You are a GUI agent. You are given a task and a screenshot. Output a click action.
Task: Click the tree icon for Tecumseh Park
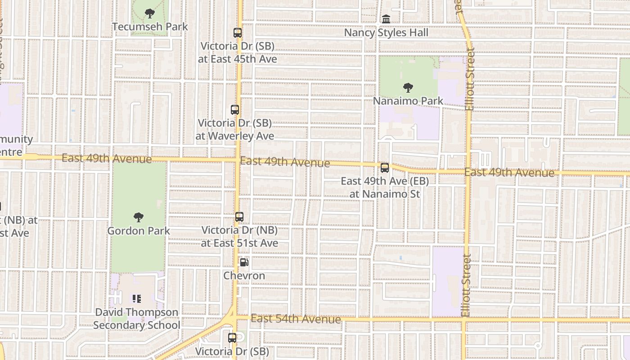(x=150, y=13)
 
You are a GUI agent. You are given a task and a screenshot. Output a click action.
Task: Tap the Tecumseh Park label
(x=150, y=27)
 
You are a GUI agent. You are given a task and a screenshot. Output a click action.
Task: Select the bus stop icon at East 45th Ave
(x=238, y=33)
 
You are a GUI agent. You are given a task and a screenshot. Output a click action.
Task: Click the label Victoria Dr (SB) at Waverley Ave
(x=235, y=130)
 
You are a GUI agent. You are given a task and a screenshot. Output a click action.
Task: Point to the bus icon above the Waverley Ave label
(x=235, y=110)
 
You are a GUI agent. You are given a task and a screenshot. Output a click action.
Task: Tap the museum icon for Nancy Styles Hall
(x=386, y=19)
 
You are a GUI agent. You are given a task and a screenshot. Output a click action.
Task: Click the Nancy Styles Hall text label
(x=386, y=33)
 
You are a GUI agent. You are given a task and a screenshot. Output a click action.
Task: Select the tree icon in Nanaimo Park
(x=408, y=87)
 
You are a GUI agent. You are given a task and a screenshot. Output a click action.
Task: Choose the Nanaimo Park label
(x=408, y=100)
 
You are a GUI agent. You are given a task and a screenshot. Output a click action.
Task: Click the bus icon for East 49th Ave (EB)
(x=385, y=168)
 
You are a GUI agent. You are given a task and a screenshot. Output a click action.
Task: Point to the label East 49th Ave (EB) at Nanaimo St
(x=385, y=188)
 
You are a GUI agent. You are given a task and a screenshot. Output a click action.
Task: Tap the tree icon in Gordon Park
(x=139, y=217)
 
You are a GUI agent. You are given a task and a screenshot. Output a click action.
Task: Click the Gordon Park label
(x=139, y=231)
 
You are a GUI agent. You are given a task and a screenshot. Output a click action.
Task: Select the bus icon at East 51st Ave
(x=239, y=217)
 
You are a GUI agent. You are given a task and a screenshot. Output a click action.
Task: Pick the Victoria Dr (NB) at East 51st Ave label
(x=239, y=237)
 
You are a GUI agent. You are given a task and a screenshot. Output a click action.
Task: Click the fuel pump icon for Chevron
(x=244, y=262)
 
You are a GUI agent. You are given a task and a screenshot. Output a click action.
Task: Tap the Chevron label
(x=244, y=275)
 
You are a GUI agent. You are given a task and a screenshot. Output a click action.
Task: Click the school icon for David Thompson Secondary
(x=137, y=298)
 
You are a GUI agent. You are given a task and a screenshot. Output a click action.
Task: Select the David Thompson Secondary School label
(x=137, y=319)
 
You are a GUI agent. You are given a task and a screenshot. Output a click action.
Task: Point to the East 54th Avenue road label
(x=296, y=319)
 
